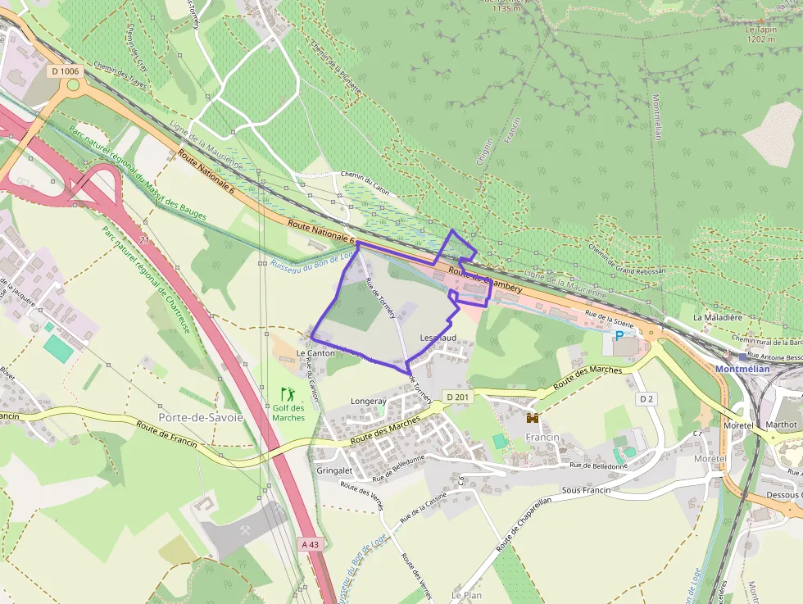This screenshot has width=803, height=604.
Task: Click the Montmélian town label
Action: pyautogui.click(x=742, y=369)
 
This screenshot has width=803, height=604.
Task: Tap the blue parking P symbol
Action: pyautogui.click(x=619, y=335)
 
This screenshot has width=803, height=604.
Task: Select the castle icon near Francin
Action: pyautogui.click(x=533, y=417)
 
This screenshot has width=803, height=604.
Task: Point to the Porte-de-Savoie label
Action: pyautogui.click(x=201, y=417)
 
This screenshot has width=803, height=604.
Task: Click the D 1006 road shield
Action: pyautogui.click(x=65, y=71)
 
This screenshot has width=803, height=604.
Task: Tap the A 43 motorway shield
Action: pyautogui.click(x=311, y=543)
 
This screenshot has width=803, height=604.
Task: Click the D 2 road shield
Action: pyautogui.click(x=647, y=399)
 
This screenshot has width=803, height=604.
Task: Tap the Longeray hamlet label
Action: pyautogui.click(x=368, y=402)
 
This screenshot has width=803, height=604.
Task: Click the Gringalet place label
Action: pyautogui.click(x=333, y=471)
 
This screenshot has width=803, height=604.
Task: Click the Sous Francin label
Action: pyautogui.click(x=586, y=490)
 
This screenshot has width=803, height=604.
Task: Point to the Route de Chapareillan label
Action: pyautogui.click(x=533, y=522)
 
